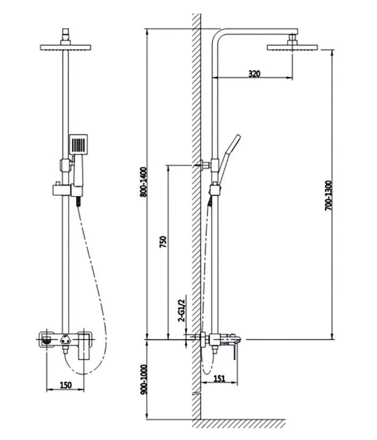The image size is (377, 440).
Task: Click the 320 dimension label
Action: point(255,74)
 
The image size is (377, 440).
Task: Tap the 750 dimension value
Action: point(163,242)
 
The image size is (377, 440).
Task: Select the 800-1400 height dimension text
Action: point(144,182)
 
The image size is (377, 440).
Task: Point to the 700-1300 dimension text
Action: point(329,196)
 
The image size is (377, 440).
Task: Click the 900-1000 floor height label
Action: point(144,379)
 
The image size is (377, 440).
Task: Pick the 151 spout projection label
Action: point(219,379)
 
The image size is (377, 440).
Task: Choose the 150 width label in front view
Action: point(66,385)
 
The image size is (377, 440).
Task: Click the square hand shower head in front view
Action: point(78,144)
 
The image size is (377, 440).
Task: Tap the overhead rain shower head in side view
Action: point(292,47)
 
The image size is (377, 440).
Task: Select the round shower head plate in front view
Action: point(65,47)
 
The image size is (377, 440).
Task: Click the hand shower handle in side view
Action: point(228,159)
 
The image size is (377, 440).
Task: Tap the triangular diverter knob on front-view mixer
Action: point(65,340)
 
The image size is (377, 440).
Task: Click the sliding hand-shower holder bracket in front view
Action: point(68,190)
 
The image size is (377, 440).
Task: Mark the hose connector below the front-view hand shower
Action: point(79,201)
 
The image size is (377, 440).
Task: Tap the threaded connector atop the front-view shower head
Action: point(65,36)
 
